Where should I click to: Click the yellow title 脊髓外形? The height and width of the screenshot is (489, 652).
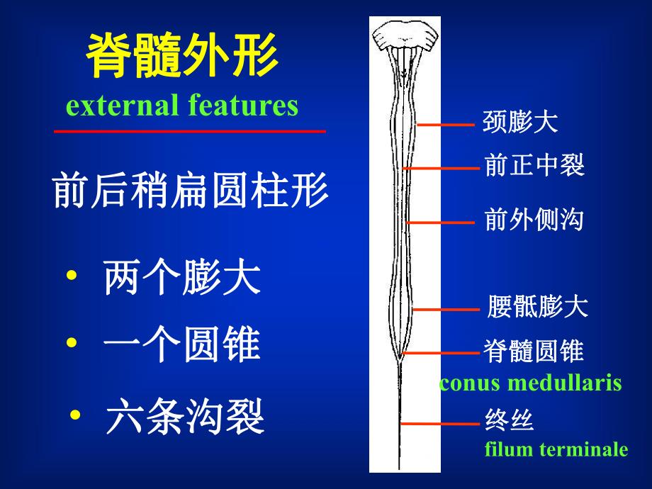(x=182, y=57)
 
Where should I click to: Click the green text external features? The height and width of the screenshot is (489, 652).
(x=182, y=106)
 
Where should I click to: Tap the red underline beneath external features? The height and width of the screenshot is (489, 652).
(x=190, y=131)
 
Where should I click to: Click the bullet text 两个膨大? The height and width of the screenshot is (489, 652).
(x=182, y=279)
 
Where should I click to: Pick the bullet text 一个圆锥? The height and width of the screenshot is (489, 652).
(x=182, y=347)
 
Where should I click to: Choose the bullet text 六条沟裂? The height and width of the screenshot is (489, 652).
(x=185, y=418)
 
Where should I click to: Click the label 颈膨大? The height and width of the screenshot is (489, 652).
(x=520, y=123)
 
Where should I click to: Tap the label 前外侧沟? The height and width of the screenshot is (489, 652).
(x=534, y=220)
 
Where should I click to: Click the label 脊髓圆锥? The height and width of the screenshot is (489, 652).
(x=534, y=351)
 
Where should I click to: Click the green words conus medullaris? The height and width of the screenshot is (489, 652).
(x=530, y=383)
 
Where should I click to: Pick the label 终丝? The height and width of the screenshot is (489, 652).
(x=509, y=421)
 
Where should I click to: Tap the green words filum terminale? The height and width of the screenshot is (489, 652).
(x=556, y=449)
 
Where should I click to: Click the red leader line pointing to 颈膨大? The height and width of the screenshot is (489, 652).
(x=446, y=125)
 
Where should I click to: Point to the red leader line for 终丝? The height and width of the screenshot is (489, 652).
(x=439, y=423)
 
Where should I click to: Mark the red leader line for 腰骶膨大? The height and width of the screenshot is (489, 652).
(x=446, y=310)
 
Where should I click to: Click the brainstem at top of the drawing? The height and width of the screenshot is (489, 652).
(x=404, y=35)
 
